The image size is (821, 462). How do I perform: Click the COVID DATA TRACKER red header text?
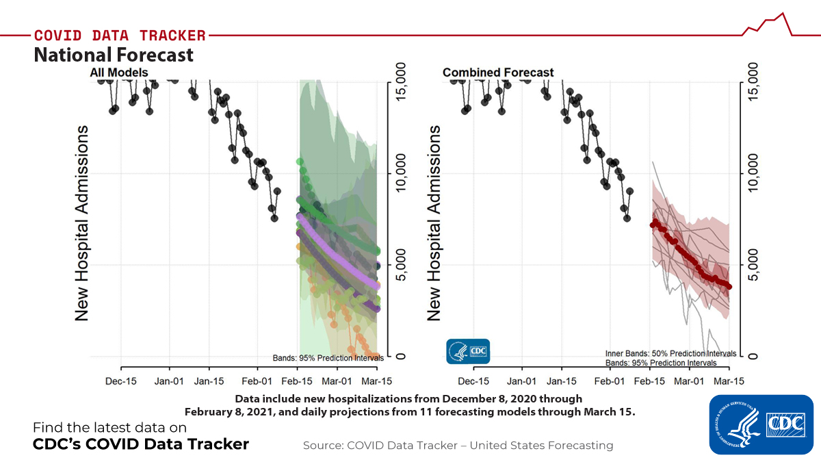[x=120, y=35]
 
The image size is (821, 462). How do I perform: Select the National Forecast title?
[x=114, y=54]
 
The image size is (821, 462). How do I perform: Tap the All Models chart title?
[x=118, y=72]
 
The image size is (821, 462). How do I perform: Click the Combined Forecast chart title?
[x=498, y=72]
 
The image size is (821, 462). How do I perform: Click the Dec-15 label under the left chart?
[x=121, y=381]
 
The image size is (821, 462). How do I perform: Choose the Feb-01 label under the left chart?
[x=259, y=381]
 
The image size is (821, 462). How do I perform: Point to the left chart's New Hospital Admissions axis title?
[x=82, y=222]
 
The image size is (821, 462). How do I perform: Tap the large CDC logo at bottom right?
[x=761, y=424]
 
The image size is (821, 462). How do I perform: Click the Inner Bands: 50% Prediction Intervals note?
[x=670, y=353]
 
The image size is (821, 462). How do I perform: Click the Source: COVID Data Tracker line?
[x=458, y=446]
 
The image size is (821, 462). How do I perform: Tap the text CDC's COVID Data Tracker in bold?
[x=141, y=444]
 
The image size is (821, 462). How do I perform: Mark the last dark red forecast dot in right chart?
[x=729, y=287]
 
